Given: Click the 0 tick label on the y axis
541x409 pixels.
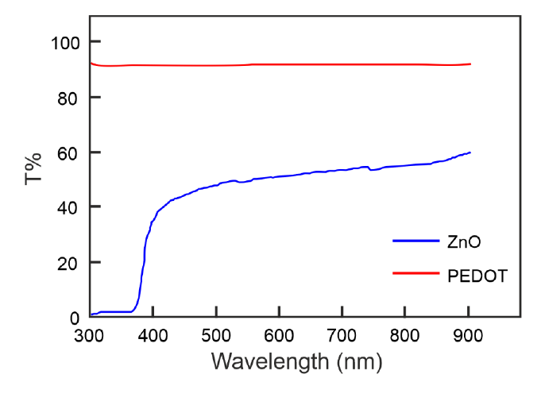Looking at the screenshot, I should click(x=75, y=318).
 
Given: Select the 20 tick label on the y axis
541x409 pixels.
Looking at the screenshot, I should click(x=71, y=262).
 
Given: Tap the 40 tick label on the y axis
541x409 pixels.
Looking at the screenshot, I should click(x=71, y=207).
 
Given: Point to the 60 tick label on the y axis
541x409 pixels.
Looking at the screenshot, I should click(x=71, y=152).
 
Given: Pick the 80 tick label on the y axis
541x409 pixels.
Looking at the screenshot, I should click(x=71, y=97).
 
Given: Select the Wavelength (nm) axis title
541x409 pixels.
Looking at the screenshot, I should click(x=297, y=362).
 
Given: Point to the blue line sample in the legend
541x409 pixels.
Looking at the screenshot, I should click(x=415, y=240).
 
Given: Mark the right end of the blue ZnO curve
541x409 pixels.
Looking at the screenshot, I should click(x=470, y=152).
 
